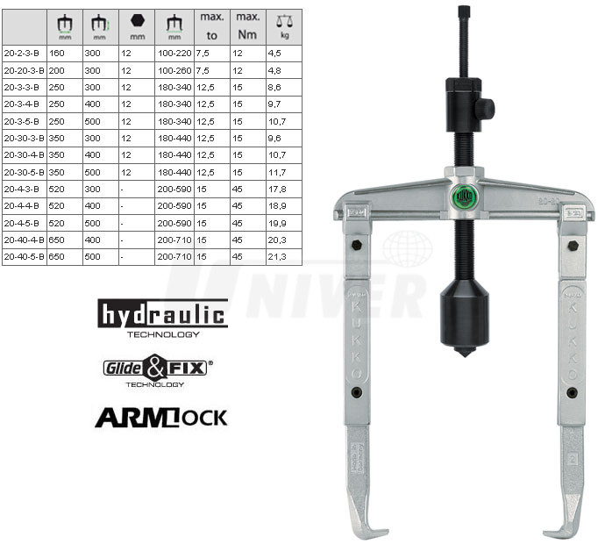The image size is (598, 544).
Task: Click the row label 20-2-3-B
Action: click(22, 54)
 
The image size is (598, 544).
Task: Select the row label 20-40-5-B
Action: click(24, 257)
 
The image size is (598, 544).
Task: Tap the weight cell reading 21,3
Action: click(277, 257)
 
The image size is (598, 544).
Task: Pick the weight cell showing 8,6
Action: click(274, 88)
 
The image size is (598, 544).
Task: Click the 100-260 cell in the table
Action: click(174, 70)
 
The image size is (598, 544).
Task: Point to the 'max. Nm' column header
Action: click(248, 26)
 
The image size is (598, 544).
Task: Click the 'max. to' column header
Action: click(212, 26)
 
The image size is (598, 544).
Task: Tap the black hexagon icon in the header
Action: click(138, 20)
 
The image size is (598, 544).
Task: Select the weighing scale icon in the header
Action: click(284, 21)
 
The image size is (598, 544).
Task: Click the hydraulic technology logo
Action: click(163, 319)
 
